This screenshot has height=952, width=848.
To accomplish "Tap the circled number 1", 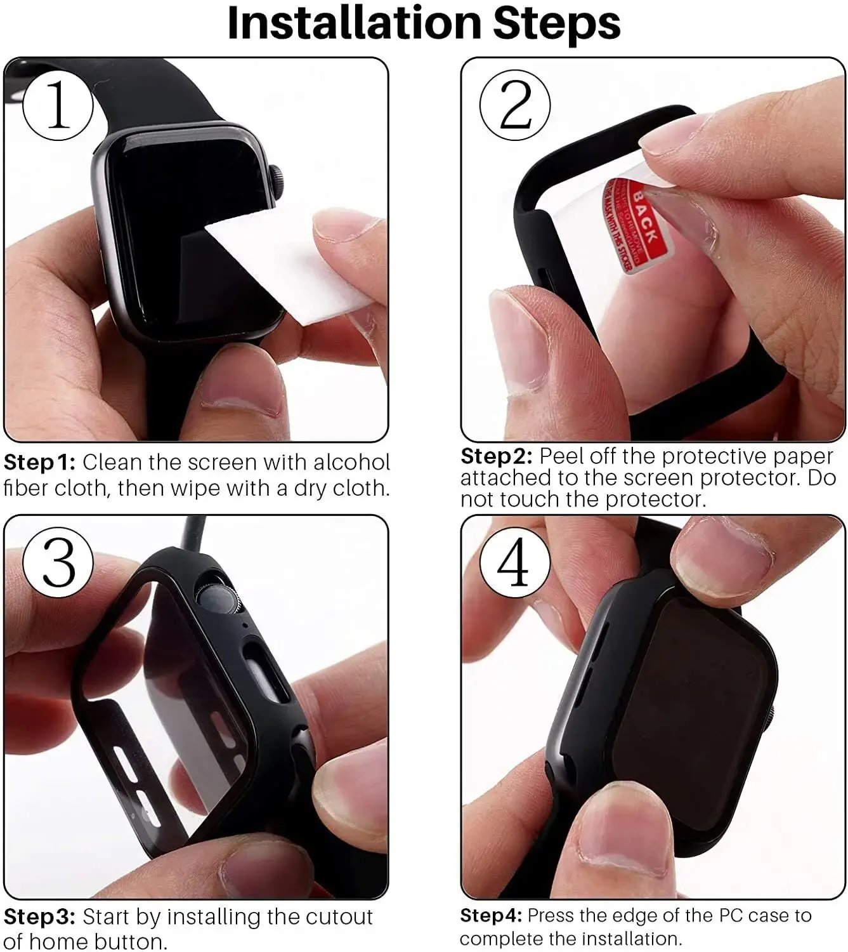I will [x=58, y=105].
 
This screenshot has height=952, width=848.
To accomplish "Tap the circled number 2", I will [x=515, y=105].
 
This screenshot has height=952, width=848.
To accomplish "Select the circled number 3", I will [x=58, y=561].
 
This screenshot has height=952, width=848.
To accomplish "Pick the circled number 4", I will [x=514, y=562].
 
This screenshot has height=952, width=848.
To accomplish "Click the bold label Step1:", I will [x=39, y=463].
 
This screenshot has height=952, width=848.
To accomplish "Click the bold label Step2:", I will [x=496, y=456].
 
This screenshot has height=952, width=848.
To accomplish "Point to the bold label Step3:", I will [x=39, y=917].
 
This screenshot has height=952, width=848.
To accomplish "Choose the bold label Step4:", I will [x=491, y=915].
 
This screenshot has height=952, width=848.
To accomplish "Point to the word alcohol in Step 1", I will [x=352, y=462].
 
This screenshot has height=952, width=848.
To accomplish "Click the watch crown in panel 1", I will [x=276, y=179].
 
